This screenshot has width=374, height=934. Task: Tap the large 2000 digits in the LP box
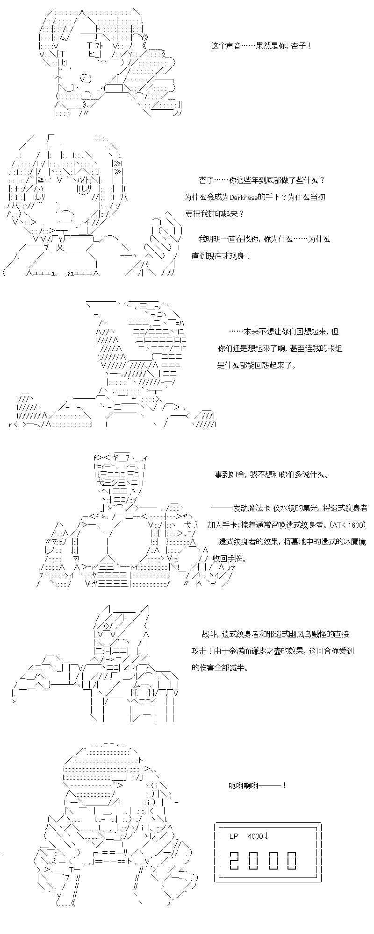click(263, 860)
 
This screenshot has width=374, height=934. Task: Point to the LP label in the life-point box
click(234, 836)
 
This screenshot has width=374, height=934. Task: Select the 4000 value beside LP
click(255, 836)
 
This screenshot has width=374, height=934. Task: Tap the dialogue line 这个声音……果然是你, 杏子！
click(261, 46)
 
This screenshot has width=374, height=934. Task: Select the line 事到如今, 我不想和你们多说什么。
click(272, 474)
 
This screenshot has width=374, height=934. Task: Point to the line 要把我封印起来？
click(214, 214)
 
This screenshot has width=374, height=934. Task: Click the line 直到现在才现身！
click(221, 256)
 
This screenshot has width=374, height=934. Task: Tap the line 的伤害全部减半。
click(220, 668)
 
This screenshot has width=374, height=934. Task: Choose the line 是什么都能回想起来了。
click(257, 365)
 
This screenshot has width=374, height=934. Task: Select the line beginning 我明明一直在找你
click(264, 239)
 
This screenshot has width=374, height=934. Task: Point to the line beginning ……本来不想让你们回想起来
click(283, 332)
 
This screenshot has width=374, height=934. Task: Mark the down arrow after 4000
click(266, 836)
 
